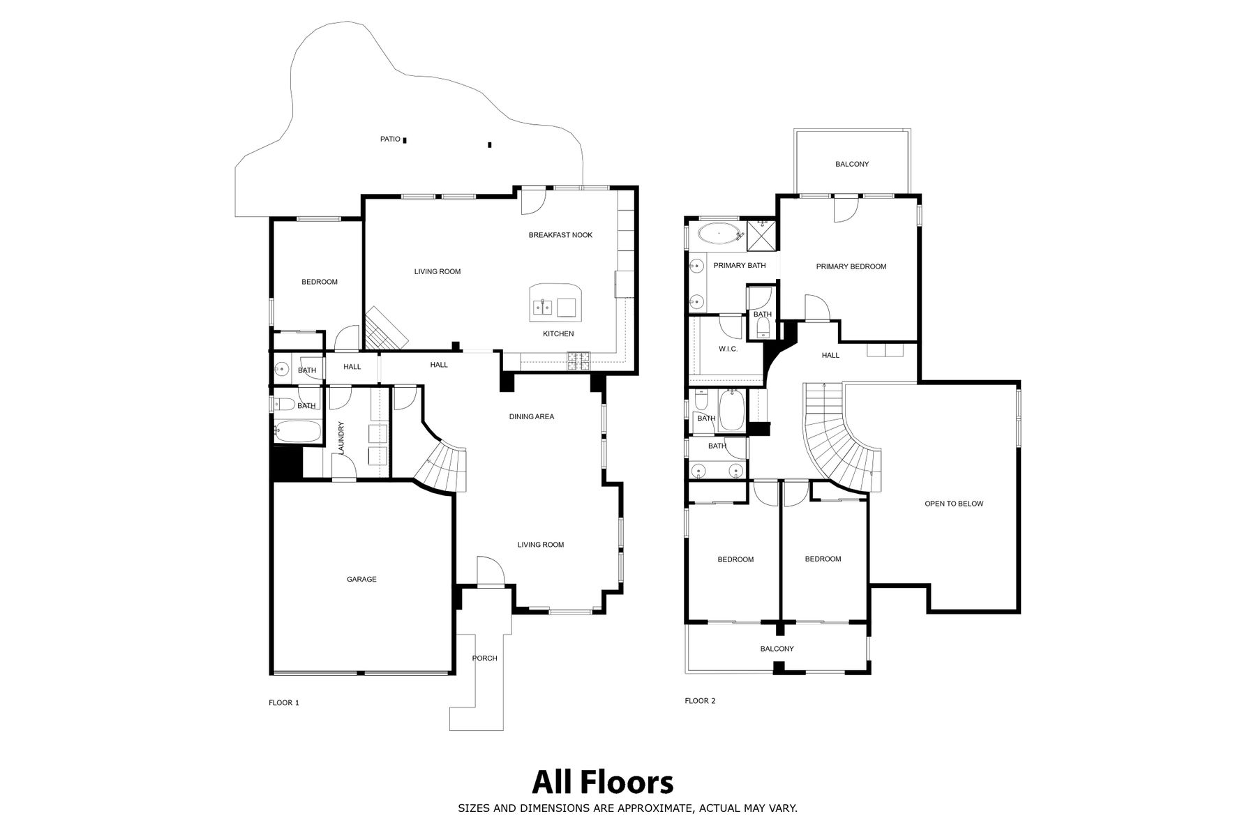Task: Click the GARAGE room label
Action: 361,579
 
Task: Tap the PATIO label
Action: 390,139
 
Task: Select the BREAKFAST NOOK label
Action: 560,235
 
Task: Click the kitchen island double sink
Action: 543,307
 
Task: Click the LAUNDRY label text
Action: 341,439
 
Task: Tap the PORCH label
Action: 484,658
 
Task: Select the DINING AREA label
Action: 532,416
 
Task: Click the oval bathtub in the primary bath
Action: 717,233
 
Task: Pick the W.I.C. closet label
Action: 728,349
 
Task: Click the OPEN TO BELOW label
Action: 954,504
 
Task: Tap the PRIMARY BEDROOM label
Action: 851,266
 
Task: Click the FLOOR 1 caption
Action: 284,703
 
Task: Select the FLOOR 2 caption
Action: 700,701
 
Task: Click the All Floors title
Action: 603,783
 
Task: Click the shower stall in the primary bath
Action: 761,236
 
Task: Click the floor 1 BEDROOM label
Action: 320,282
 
